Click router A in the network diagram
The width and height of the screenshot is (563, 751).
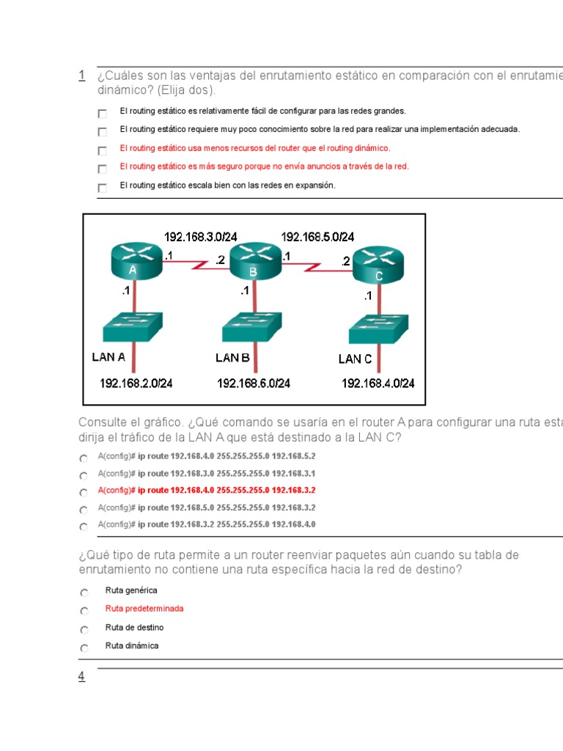135,261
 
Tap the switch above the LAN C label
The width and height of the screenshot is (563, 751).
378,331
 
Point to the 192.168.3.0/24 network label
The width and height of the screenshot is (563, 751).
201,237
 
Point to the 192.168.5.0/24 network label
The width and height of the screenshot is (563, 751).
317,237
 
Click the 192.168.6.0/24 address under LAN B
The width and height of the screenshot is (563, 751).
253,383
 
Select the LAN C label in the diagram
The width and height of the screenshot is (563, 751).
355,359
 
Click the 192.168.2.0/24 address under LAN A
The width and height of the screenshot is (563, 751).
136,383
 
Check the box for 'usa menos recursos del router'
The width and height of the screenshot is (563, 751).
102,150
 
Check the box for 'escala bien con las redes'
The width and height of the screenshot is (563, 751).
102,188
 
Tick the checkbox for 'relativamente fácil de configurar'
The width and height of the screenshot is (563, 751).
102,114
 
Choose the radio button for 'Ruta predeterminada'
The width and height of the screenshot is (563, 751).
84,611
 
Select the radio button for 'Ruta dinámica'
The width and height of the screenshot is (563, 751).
84,648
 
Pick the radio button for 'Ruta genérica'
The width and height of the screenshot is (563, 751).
84,593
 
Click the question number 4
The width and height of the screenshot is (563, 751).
81,677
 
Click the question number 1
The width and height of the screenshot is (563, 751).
81,75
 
